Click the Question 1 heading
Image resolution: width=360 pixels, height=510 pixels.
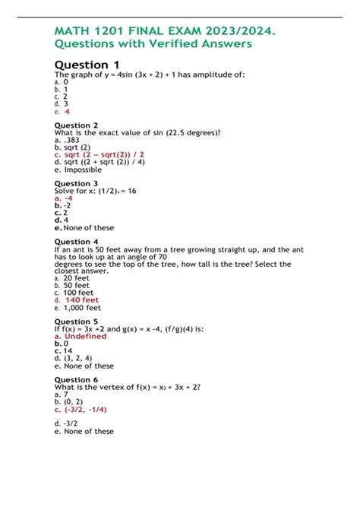(x=87, y=65)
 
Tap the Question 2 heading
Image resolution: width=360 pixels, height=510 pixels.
(x=77, y=125)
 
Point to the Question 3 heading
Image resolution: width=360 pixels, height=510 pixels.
(x=77, y=183)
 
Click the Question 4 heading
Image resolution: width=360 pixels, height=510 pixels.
(x=77, y=242)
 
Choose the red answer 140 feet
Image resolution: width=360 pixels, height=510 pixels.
(x=82, y=299)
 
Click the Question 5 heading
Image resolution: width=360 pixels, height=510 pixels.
(x=77, y=322)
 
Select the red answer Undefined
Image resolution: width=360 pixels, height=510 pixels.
(x=85, y=336)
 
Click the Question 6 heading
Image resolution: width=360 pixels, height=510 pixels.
(x=77, y=379)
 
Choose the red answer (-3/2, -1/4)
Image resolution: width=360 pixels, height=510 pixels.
(x=85, y=409)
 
